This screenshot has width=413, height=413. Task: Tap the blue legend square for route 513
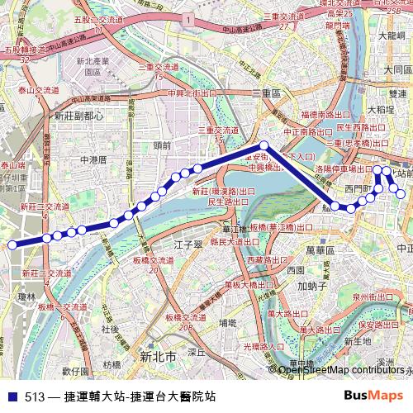tap(10, 396)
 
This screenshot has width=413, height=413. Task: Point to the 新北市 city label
tap(158, 358)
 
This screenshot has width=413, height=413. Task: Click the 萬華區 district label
tap(318, 249)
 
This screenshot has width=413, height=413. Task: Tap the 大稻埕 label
tap(382, 108)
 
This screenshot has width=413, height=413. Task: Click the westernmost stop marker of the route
tap(12, 244)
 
